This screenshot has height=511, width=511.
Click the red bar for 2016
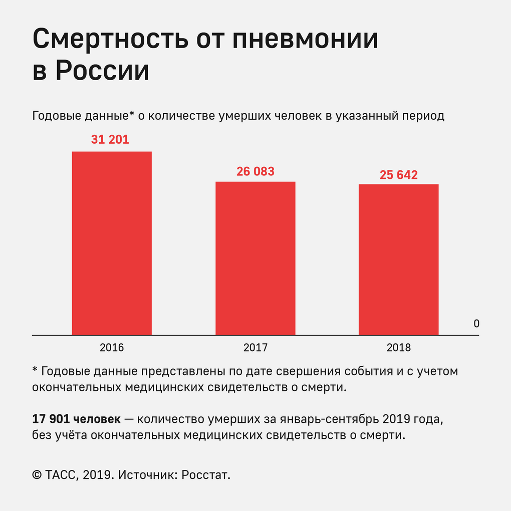[112, 243]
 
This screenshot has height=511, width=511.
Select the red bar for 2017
[255, 258]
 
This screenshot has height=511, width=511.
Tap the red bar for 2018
[398, 260]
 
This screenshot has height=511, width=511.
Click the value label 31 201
[110, 140]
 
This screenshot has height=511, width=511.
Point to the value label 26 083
[255, 171]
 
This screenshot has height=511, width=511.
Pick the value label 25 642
[399, 175]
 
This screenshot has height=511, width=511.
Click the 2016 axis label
[112, 348]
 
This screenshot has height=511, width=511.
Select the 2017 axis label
[255, 348]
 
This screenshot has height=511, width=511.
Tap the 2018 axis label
[398, 348]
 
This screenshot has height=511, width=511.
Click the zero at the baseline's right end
[476, 324]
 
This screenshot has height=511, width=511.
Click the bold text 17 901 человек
[76, 419]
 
